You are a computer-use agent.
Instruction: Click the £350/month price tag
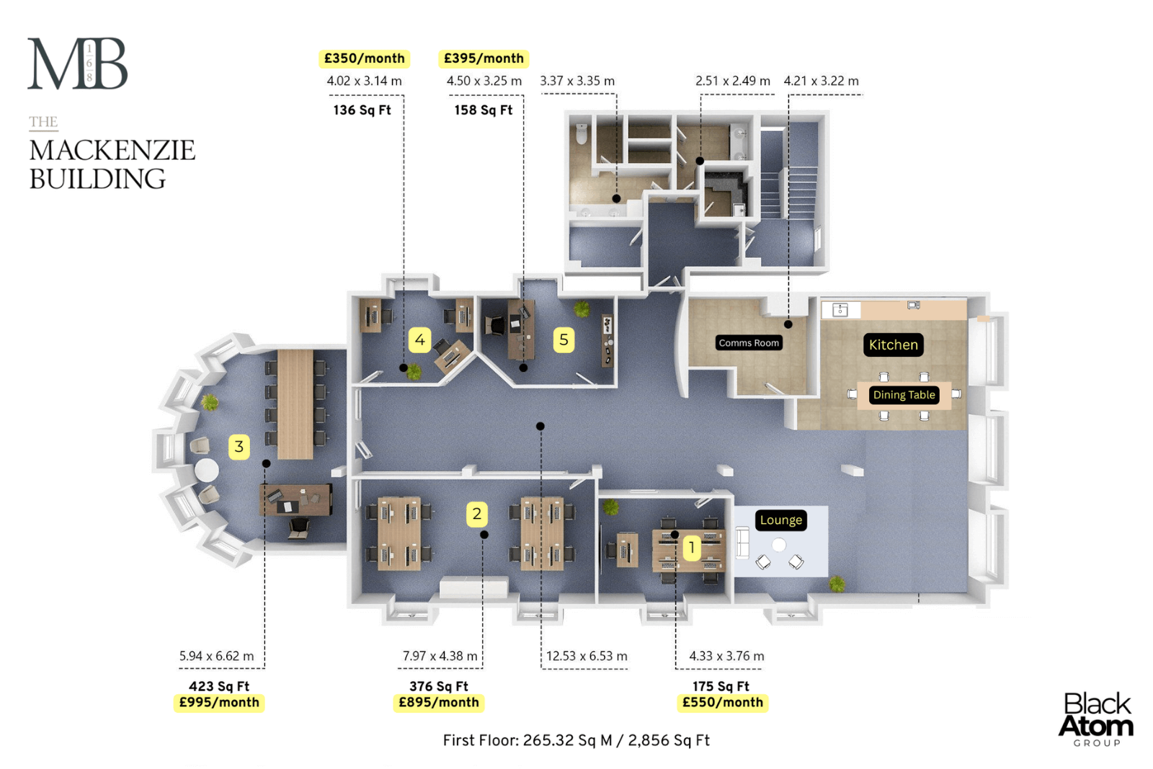[x=364, y=58]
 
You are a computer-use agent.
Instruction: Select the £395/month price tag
[x=484, y=58]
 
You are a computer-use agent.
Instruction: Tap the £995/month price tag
[x=219, y=703]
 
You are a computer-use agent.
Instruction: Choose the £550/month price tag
[x=722, y=703]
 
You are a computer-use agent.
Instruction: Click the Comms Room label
[x=749, y=343]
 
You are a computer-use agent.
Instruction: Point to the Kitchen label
[x=893, y=345]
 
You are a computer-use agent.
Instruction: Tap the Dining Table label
[x=904, y=395]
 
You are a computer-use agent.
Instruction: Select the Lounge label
[x=781, y=520]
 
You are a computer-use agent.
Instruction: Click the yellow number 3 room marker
[x=239, y=446]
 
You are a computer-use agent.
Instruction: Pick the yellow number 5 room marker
[x=564, y=339]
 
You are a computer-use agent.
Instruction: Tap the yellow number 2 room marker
[x=476, y=514]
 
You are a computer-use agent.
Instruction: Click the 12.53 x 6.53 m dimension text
[x=587, y=657]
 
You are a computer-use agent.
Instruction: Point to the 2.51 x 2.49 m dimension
[x=732, y=81]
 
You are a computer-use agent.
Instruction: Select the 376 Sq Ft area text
[x=439, y=686]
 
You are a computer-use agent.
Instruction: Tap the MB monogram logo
[x=78, y=63]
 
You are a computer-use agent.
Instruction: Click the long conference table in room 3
[x=295, y=404]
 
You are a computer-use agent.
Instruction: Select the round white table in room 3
[x=207, y=470]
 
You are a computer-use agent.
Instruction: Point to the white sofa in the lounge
[x=742, y=543]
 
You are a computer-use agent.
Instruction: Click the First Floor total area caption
[x=576, y=740]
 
